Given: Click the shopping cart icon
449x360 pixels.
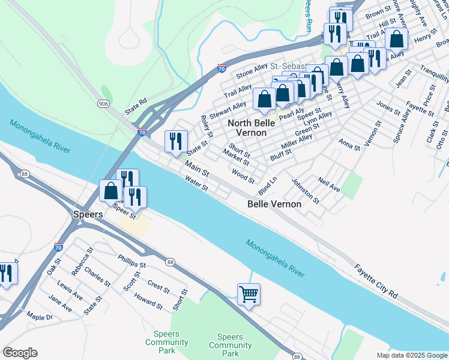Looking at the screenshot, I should point(249,295).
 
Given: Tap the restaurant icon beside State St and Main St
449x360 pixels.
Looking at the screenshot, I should point(176,142).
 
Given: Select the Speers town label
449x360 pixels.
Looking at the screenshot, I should point(88,214).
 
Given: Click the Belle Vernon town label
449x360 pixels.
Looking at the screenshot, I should point(274,204).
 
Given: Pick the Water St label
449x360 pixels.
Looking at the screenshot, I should point(196,184).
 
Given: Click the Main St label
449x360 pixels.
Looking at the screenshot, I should point(196,169).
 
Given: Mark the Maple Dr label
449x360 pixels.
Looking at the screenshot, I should point(40,317).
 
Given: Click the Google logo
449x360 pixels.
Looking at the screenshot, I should point(20,353).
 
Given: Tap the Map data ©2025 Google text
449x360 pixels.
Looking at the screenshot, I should point(411,355).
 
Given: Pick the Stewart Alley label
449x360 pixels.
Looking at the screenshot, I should point(228,110).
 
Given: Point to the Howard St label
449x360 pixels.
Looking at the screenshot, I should point(148,301).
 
